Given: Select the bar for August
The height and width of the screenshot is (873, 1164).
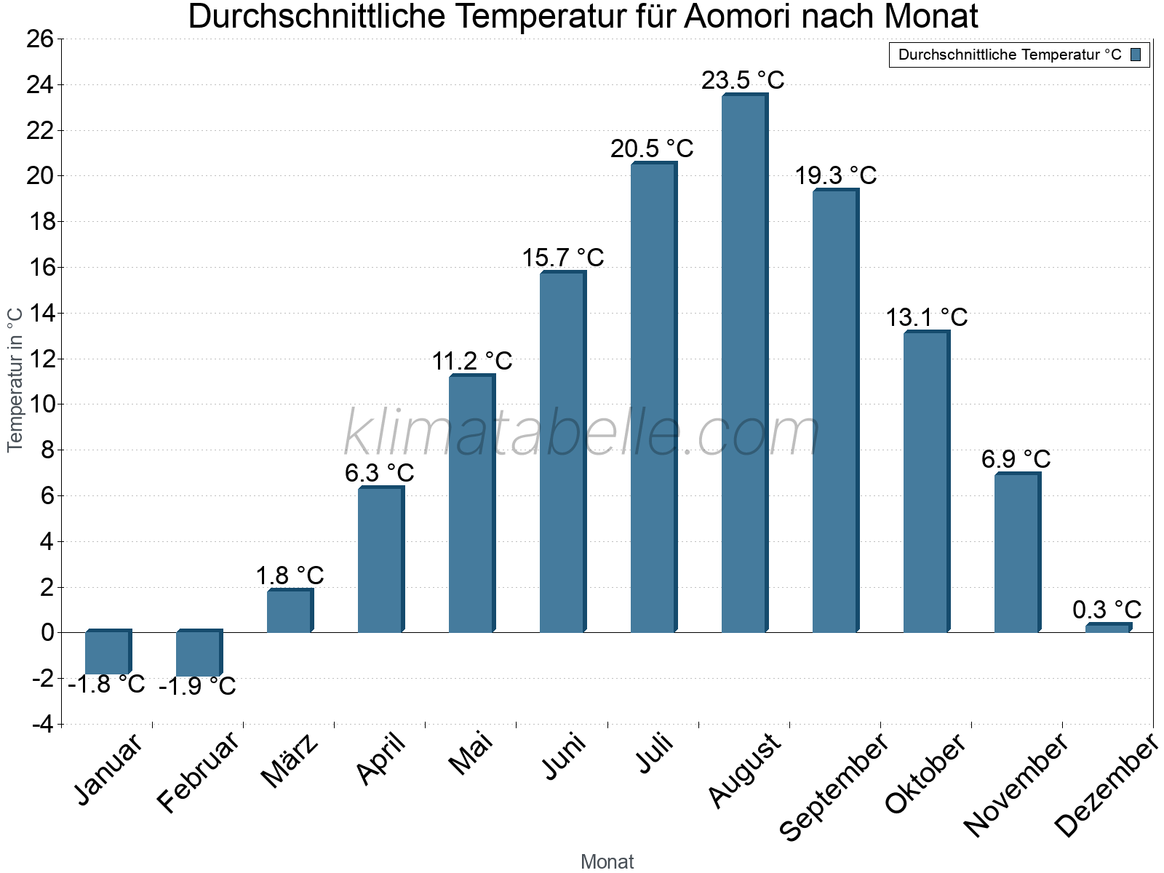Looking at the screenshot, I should (x=744, y=364).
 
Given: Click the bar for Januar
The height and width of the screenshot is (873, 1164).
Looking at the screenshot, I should (x=107, y=653).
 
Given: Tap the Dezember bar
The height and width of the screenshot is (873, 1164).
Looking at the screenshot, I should (x=1107, y=628).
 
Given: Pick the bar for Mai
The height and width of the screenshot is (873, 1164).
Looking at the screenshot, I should (x=471, y=503).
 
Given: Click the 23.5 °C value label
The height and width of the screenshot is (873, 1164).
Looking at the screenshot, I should (x=743, y=80).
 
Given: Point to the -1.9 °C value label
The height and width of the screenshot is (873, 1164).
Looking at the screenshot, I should (x=197, y=686).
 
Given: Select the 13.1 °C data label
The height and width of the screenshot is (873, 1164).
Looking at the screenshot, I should (x=926, y=317).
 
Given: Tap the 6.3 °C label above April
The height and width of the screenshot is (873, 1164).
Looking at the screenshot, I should (x=379, y=473).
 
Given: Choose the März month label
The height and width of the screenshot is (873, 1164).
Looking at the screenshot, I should (x=290, y=761).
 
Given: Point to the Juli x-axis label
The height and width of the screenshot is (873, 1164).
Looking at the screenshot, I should (x=655, y=754).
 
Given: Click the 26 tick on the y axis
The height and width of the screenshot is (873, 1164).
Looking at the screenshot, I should (x=40, y=39).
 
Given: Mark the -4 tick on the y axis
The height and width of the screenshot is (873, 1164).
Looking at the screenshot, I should (x=42, y=725).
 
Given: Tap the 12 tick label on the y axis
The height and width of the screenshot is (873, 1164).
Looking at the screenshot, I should (x=40, y=359).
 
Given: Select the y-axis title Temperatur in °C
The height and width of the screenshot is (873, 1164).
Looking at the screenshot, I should (x=15, y=379).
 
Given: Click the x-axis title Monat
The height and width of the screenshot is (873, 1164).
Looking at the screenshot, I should (x=607, y=861).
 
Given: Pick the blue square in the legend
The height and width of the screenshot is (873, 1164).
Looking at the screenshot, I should (x=1136, y=55).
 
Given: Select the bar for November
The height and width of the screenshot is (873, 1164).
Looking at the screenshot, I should (x=1016, y=553).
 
